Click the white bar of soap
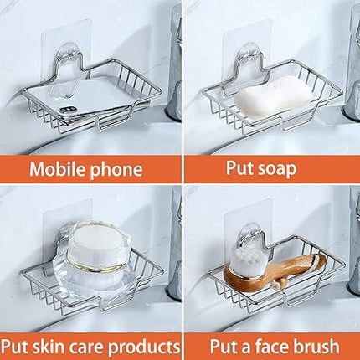pyautogui.click(x=273, y=96)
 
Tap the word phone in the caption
pyautogui.click(x=116, y=170)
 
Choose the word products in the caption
pyautogui.click(x=144, y=347)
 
